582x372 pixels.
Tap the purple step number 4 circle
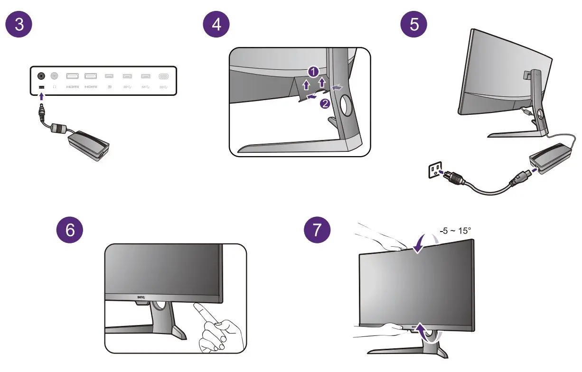tap(216, 25)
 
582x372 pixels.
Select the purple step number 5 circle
tap(414, 25)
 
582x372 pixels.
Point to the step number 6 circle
tap(70, 231)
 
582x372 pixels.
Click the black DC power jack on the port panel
tap(41, 75)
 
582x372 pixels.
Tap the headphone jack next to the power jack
tap(55, 75)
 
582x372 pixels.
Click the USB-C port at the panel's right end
tap(164, 76)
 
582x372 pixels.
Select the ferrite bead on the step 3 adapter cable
tap(60, 129)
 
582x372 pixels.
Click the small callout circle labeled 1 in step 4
tap(312, 72)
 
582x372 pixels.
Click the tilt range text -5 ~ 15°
tap(455, 231)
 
